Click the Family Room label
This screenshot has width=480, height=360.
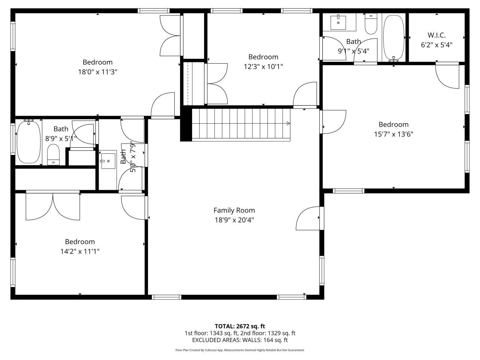pyautogui.click(x=234, y=210)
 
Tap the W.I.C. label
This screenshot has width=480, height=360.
pyautogui.click(x=436, y=35)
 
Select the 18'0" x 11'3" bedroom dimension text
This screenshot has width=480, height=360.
pyautogui.click(x=97, y=72)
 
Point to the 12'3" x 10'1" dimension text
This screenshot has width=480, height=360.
pyautogui.click(x=263, y=67)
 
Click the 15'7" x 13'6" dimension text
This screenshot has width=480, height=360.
pyautogui.click(x=393, y=134)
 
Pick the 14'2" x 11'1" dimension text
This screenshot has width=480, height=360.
pyautogui.click(x=80, y=252)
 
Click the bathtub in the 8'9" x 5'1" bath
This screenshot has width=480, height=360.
pyautogui.click(x=29, y=141)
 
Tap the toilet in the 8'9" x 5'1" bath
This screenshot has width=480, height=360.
pyautogui.click(x=54, y=155)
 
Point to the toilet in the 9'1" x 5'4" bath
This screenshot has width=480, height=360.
pyautogui.click(x=371, y=24)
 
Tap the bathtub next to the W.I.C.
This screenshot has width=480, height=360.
pyautogui.click(x=394, y=37)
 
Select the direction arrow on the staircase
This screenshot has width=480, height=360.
pyautogui.click(x=288, y=123)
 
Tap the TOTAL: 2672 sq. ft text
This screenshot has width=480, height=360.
pyautogui.click(x=240, y=326)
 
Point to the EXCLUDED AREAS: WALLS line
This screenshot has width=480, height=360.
pyautogui.click(x=240, y=340)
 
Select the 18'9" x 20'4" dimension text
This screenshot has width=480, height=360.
pyautogui.click(x=234, y=220)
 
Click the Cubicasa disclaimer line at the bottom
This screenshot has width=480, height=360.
pyautogui.click(x=240, y=350)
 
